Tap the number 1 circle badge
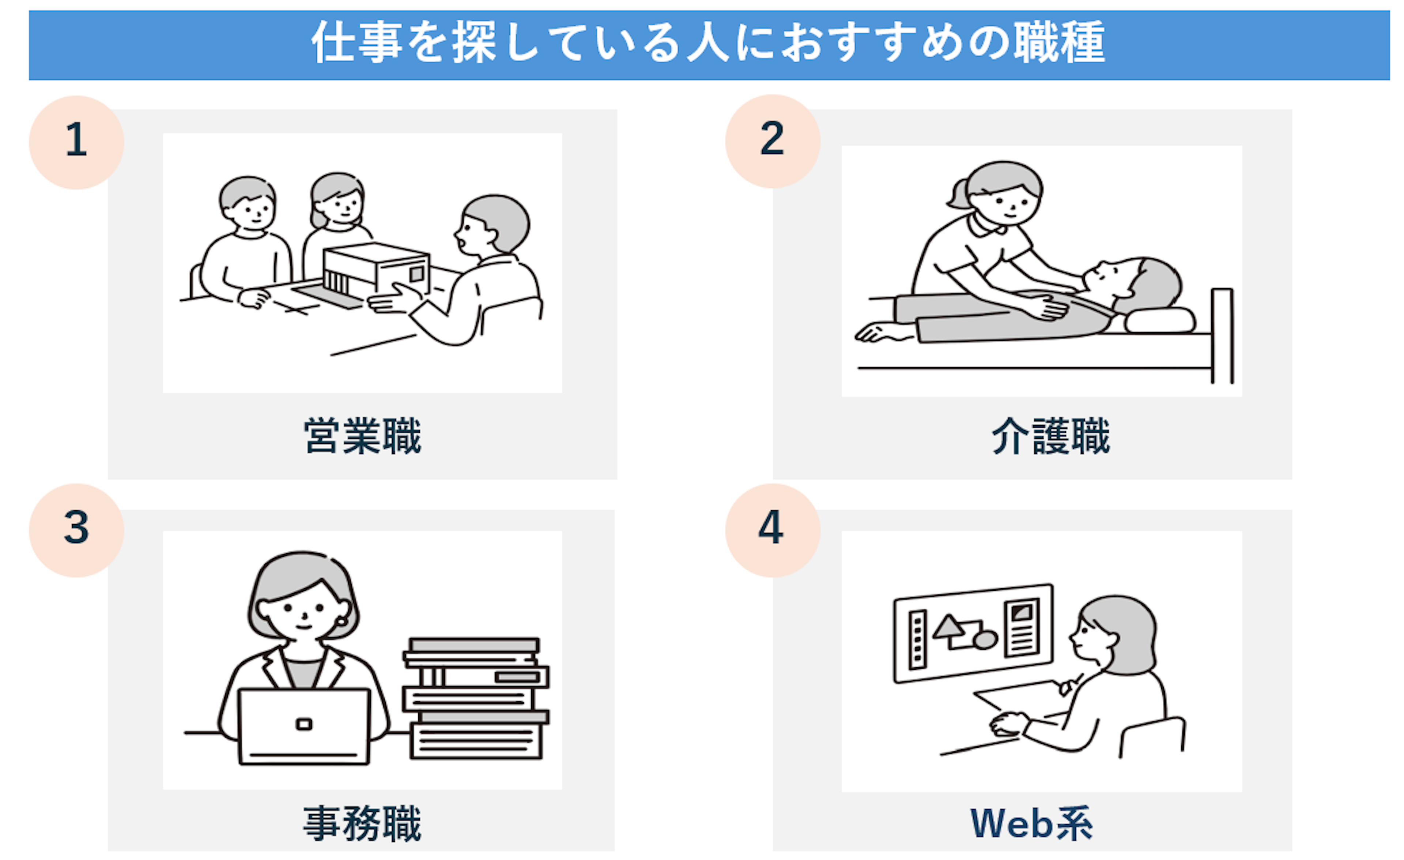point(76,142)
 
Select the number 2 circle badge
point(773,141)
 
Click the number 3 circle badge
point(76,530)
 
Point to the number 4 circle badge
point(773,530)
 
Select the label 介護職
point(1051,436)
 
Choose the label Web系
point(1031,823)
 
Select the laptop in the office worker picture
point(304,726)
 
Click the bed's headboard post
point(1222,336)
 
